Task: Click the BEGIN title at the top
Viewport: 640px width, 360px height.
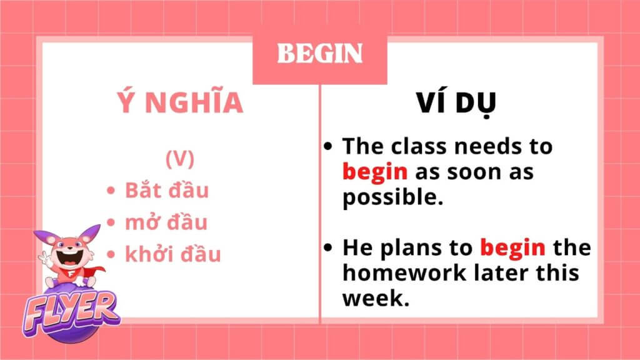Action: [x=319, y=53]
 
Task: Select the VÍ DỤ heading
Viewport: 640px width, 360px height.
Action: [x=456, y=103]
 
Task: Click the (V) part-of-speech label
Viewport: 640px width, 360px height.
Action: [x=180, y=158]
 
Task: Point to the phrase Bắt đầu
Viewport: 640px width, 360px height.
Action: [x=166, y=190]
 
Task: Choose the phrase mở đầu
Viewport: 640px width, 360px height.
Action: [x=166, y=222]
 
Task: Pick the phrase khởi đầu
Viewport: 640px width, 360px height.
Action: [x=172, y=253]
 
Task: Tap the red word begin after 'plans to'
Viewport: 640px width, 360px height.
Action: [x=512, y=247]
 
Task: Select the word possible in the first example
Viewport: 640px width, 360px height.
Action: [x=392, y=197]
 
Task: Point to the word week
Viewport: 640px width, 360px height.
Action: [x=376, y=298]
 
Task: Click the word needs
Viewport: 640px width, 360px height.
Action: [x=489, y=146]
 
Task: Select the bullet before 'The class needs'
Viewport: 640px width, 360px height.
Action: [x=327, y=146]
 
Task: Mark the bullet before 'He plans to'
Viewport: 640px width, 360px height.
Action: [x=327, y=247]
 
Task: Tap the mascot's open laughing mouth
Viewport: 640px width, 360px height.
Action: [x=69, y=257]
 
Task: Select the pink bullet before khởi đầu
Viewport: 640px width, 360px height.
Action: [x=111, y=254]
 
